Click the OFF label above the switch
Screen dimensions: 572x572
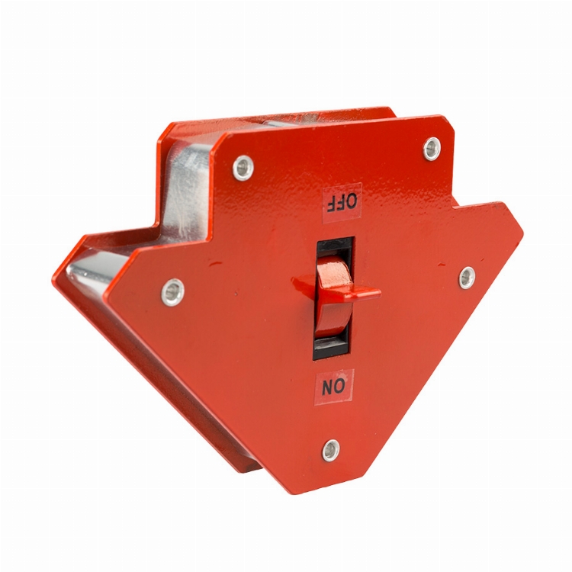tap(342, 202)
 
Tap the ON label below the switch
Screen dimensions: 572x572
tap(334, 387)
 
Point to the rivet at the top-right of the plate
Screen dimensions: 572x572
tap(432, 149)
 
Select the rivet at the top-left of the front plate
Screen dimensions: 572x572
tap(243, 168)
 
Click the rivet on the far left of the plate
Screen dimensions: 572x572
tap(172, 292)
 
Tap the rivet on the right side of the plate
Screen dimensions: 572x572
tap(467, 278)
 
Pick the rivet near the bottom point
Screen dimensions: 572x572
tap(331, 450)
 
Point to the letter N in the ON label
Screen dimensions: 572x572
tap(328, 387)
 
